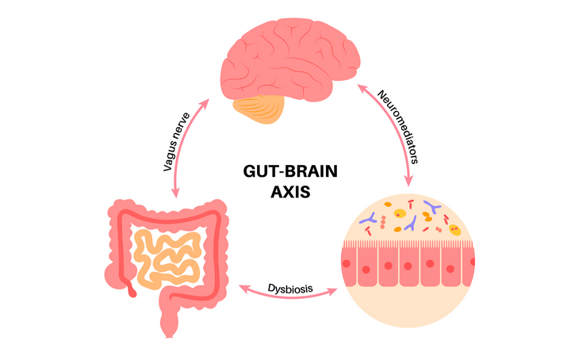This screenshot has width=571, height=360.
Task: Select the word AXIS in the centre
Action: click(284, 191)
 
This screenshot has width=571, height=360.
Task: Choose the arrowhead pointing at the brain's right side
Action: click(358, 86)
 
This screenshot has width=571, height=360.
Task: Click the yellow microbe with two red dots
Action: click(454, 230)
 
